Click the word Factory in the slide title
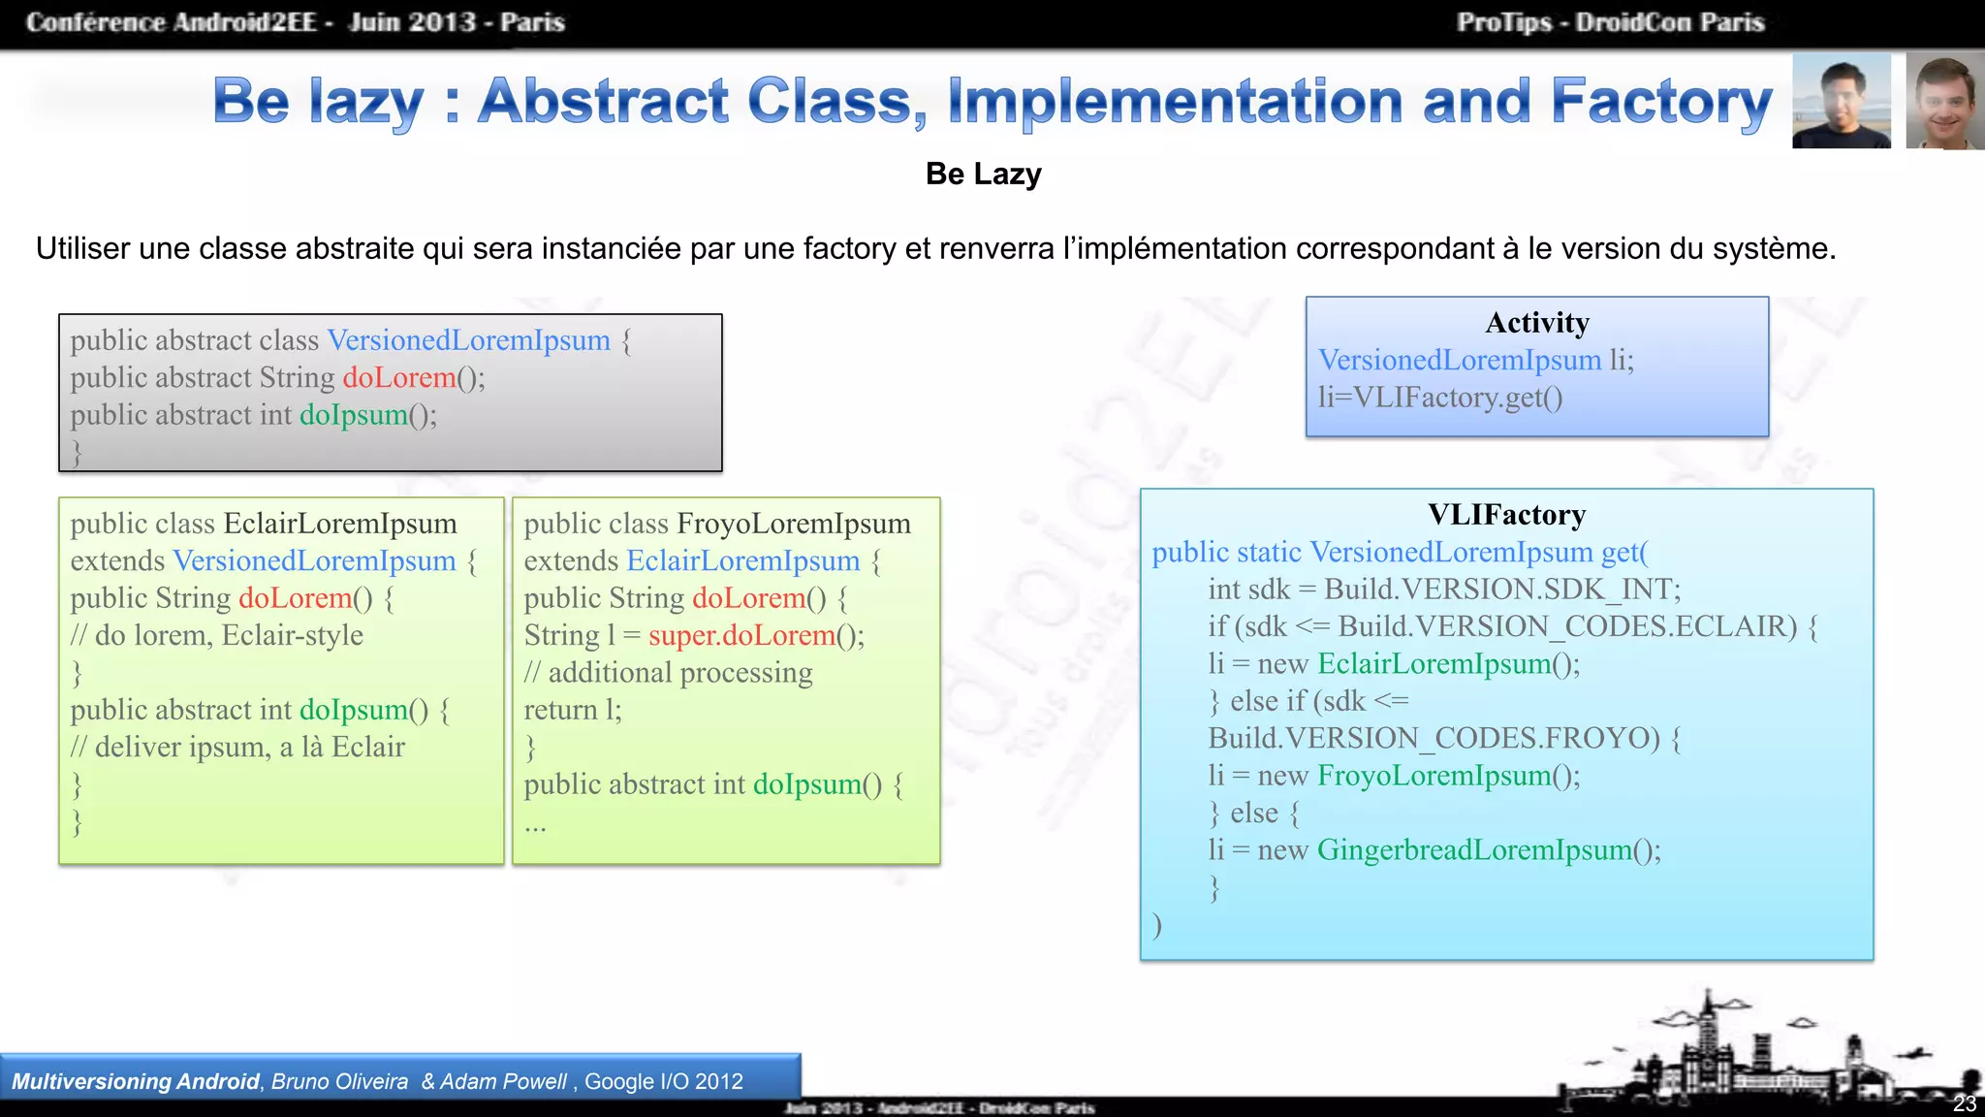[1661, 102]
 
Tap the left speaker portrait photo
[1841, 102]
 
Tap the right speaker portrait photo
[1944, 102]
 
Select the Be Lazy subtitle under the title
[983, 175]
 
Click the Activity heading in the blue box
[1537, 323]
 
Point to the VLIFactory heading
[1506, 515]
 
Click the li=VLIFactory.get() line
[1439, 398]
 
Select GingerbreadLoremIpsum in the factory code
[1474, 850]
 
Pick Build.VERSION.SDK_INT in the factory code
[1501, 590]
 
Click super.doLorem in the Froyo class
[741, 636]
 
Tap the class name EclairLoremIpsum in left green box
[340, 525]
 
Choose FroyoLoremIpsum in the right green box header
[794, 525]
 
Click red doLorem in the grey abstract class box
[399, 378]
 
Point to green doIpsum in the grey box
[354, 415]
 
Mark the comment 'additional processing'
[679, 673]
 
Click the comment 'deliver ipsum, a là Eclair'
[249, 748]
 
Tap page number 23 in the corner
[1964, 1103]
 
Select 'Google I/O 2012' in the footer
[663, 1082]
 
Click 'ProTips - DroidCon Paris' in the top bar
[1610, 22]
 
